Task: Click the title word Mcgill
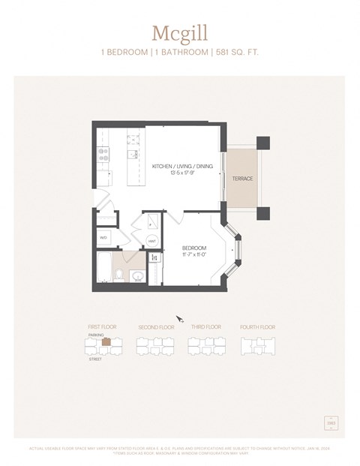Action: pyautogui.click(x=179, y=33)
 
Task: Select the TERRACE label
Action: pyautogui.click(x=242, y=179)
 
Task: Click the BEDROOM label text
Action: pyautogui.click(x=194, y=248)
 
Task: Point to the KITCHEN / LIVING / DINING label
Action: pyautogui.click(x=182, y=167)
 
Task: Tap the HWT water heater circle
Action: pyautogui.click(x=151, y=241)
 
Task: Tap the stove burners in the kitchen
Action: pyautogui.click(x=103, y=154)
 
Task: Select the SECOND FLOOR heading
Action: pyautogui.click(x=156, y=327)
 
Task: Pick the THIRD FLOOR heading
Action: pyautogui.click(x=205, y=327)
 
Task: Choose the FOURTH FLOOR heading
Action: pyautogui.click(x=257, y=327)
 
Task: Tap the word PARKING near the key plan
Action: pyautogui.click(x=94, y=335)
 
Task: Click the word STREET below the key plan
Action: pyautogui.click(x=94, y=359)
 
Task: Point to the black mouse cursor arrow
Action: pyautogui.click(x=178, y=319)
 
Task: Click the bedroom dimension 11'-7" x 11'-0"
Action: pyautogui.click(x=194, y=254)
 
